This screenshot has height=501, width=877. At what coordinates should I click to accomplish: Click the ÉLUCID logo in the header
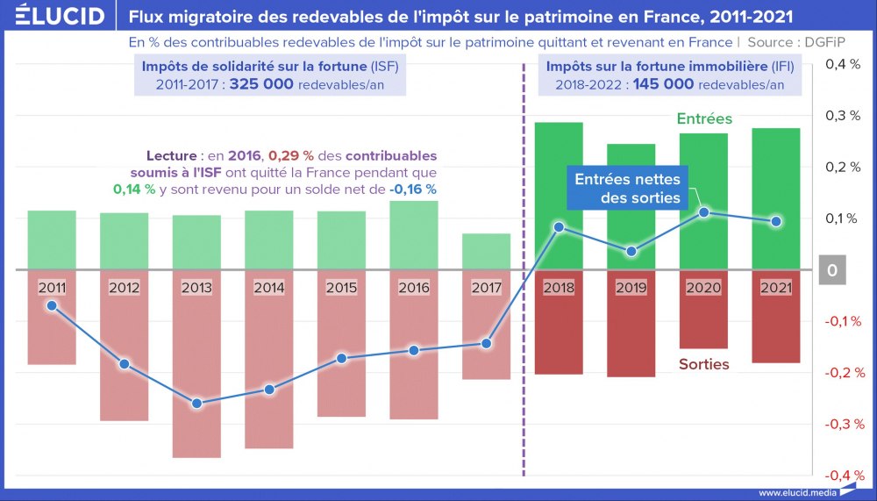[x=54, y=16]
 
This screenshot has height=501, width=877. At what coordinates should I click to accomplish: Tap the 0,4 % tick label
[x=845, y=64]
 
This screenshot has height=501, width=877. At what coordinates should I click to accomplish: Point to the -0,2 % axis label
[x=845, y=373]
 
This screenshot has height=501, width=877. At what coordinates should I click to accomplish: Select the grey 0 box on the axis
[x=831, y=270]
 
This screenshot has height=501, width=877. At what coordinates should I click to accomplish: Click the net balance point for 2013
[x=196, y=404]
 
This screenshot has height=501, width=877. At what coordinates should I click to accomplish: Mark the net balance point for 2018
[x=559, y=227]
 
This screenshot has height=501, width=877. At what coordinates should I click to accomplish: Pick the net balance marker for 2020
[x=704, y=212]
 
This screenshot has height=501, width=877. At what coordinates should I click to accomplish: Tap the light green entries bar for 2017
[x=487, y=251]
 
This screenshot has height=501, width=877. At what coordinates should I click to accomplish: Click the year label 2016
[x=414, y=286]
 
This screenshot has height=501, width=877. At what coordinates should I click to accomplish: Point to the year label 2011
[x=52, y=286]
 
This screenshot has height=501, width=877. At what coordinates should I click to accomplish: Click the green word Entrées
[x=704, y=119]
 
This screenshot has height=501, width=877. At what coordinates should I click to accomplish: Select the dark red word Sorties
[x=703, y=363]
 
